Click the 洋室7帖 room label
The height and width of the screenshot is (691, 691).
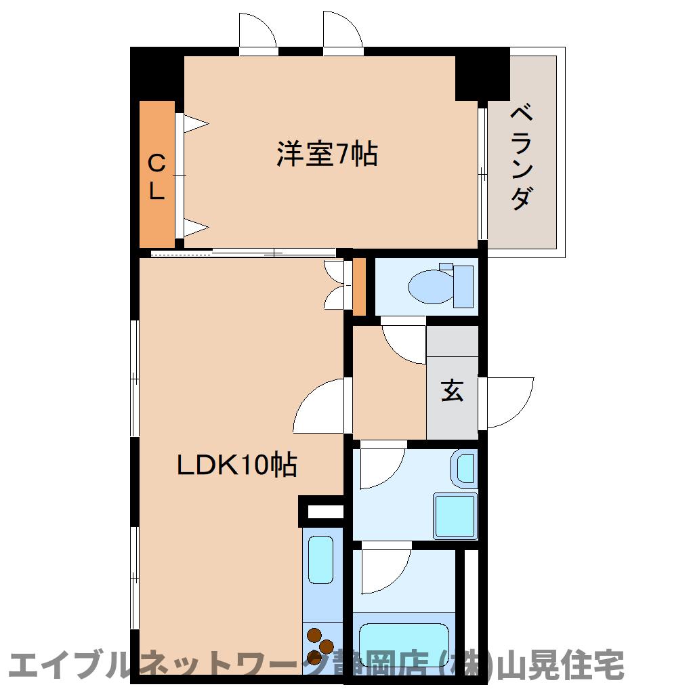327,154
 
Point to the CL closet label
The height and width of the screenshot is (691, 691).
156,177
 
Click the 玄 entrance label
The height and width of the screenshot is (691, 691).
452,391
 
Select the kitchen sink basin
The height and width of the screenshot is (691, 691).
321,559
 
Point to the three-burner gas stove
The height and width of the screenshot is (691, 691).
320,646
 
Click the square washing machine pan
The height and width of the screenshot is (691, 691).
455,516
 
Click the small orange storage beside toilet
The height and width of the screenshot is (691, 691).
359,286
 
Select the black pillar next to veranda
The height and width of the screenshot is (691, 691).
482,73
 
